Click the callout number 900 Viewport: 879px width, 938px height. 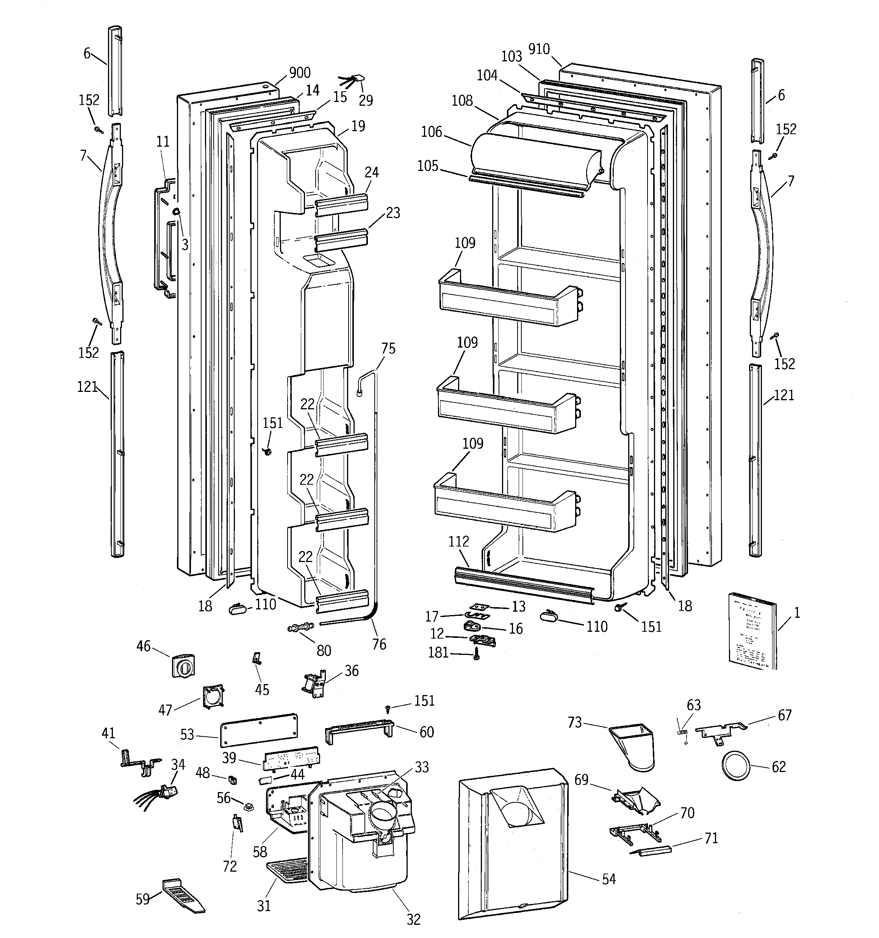[300, 73]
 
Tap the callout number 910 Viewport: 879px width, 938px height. [539, 49]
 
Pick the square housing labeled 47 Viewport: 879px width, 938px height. [213, 697]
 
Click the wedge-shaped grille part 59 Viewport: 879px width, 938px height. [181, 894]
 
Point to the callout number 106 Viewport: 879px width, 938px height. [431, 132]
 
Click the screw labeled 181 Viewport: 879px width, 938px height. [477, 655]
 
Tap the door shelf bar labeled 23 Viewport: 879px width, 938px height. [341, 240]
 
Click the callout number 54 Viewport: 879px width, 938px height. [608, 879]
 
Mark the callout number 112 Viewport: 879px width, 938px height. [458, 541]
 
